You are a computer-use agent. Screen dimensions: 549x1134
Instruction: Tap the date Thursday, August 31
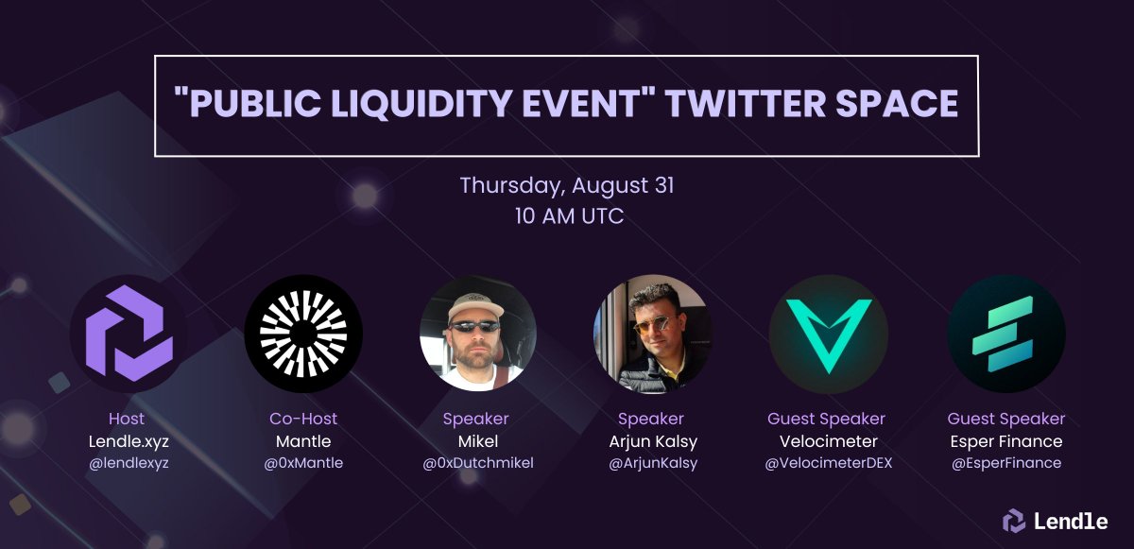567,184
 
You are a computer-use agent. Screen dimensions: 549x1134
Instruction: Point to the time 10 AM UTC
567,215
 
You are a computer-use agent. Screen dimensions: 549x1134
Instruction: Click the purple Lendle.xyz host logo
129,334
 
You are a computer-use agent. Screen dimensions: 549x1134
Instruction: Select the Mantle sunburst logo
303,334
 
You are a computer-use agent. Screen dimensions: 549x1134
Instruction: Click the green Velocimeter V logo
827,334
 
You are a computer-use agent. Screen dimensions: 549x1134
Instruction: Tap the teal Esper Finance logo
1005,334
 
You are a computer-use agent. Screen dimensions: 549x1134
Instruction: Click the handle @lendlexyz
128,463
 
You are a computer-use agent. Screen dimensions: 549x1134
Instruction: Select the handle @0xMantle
303,463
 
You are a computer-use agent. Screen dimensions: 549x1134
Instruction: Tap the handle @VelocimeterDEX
827,463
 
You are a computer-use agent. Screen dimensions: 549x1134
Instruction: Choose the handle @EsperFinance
1005,463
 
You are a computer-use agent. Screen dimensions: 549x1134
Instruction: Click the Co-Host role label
303,419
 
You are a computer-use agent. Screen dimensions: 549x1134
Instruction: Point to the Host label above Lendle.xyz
128,419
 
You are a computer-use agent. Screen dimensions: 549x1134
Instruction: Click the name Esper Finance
1005,441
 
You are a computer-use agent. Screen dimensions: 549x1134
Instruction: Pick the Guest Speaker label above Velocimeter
827,419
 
